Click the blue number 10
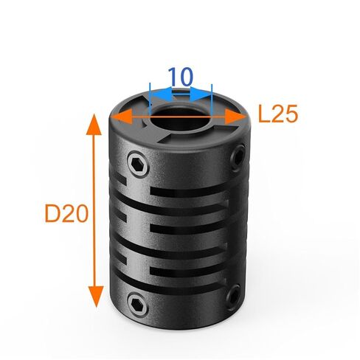click(180, 76)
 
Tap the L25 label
click(278, 114)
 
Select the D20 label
click(66, 214)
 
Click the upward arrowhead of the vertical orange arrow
click(94, 124)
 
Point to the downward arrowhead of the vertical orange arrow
click(96, 297)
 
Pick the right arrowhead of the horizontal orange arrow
click(235, 117)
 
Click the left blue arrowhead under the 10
click(161, 94)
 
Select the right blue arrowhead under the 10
click(201, 94)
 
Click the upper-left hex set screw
click(138, 164)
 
